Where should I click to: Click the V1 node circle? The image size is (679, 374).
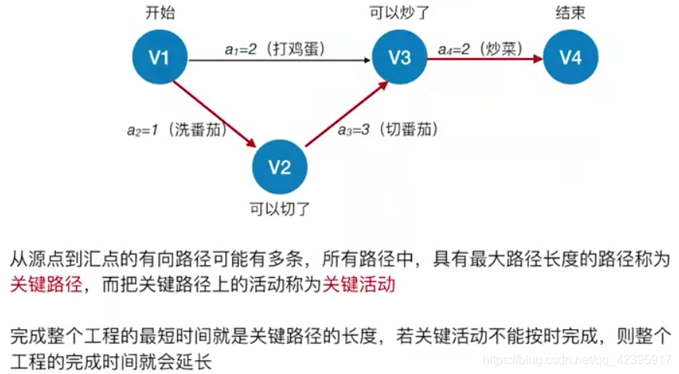159,57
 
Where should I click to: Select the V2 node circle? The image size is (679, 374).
279,167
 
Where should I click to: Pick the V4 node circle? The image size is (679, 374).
570,57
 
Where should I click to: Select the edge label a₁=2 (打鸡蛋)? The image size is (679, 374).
275,49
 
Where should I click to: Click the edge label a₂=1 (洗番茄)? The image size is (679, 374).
177,130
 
